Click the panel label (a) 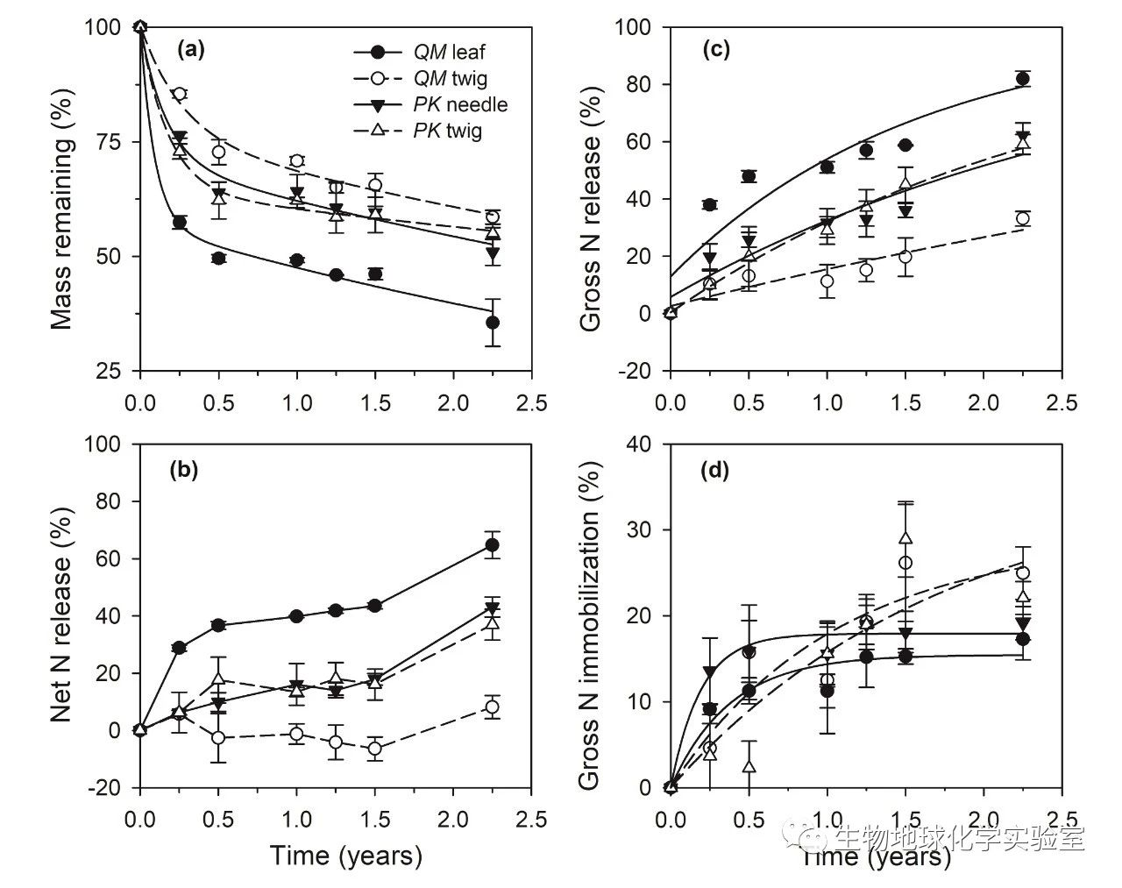190,50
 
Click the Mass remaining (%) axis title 61,199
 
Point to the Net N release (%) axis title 61,615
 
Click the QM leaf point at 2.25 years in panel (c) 1022,79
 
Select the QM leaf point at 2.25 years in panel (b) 493,545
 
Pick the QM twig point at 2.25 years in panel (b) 493,707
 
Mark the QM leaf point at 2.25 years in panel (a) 493,323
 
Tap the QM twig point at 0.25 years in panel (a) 180,94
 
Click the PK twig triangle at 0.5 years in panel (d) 749,766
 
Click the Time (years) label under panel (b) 345,855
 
